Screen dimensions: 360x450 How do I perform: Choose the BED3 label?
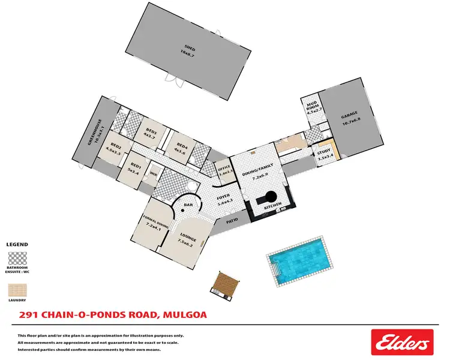(x=151, y=134)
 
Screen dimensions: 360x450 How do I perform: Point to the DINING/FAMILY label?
(x=257, y=172)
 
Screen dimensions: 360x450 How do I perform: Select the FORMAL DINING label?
(x=149, y=222)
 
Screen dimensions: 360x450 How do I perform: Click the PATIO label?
(x=233, y=221)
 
